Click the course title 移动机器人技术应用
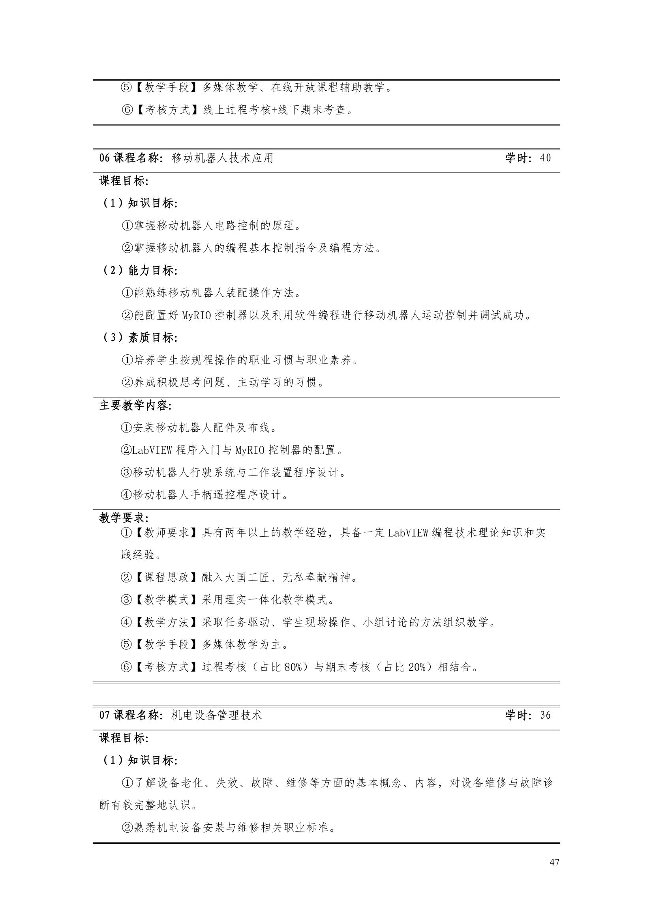pos(222,158)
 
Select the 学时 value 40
pos(545,158)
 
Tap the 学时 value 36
pos(545,715)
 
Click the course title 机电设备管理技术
pos(217,715)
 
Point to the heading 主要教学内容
pos(135,406)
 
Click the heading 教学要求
pos(124,518)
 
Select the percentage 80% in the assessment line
pos(293,667)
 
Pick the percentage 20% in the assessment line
pos(417,667)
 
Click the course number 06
pos(105,158)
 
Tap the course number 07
pos(105,715)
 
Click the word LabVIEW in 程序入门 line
pos(152,450)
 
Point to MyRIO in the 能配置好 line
pos(196,316)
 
